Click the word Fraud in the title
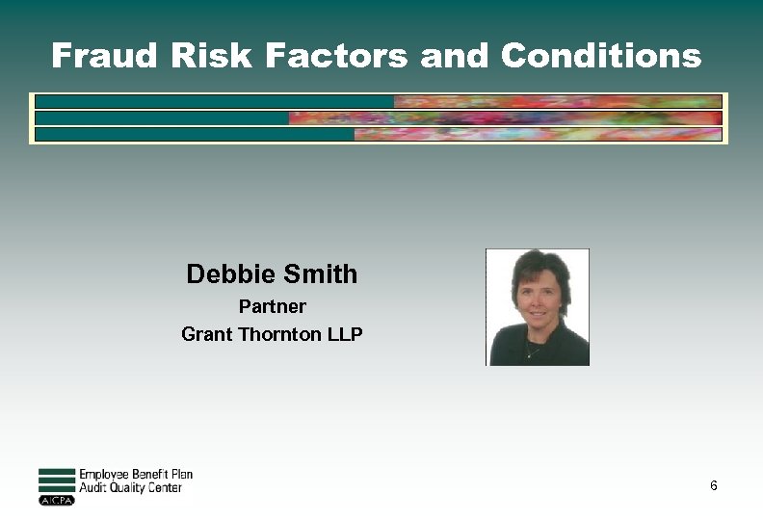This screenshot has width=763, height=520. coord(104,56)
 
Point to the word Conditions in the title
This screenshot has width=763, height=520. coord(601,56)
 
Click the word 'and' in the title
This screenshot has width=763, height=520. coord(455,56)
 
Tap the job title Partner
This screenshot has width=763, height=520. coord(272,307)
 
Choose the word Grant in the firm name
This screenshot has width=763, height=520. coord(205,335)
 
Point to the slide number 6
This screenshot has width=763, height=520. coord(713,485)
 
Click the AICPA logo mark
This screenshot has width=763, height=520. coord(56,501)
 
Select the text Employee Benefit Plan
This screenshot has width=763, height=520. coord(136,475)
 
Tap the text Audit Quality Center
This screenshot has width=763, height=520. coord(130,488)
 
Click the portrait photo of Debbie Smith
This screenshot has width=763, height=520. coord(538,307)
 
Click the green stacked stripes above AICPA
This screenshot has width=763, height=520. coord(56,481)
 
